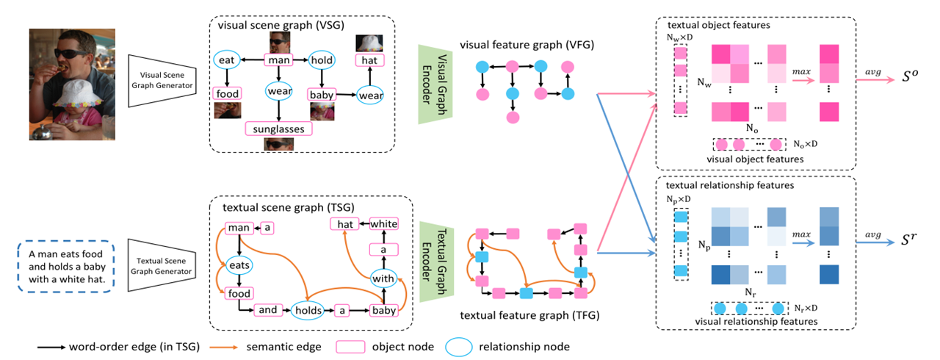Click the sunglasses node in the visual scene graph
coord(278,129)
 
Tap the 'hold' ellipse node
coord(322,59)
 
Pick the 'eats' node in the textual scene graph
coord(239,262)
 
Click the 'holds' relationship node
coord(308,310)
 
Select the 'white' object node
coord(383,223)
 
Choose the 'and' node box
coord(268,310)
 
